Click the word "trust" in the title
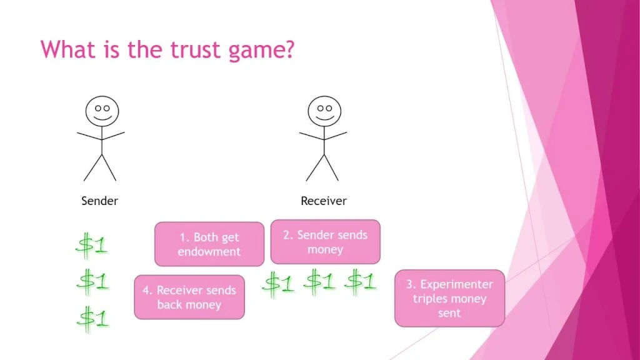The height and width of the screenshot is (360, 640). (189, 49)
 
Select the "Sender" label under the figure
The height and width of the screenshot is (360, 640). (100, 201)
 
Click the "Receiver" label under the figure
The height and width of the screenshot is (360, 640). (324, 201)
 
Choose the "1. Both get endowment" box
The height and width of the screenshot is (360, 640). (209, 244)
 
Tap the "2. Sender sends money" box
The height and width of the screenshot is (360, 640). (325, 242)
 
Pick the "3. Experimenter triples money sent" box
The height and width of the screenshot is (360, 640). (449, 299)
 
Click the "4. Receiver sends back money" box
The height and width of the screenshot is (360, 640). (189, 297)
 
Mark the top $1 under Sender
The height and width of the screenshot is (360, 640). (92, 245)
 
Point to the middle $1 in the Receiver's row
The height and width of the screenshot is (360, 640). (319, 282)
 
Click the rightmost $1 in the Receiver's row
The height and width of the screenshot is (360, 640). (361, 281)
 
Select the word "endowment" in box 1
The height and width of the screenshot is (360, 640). (209, 252)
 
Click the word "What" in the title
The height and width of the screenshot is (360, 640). (66, 49)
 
